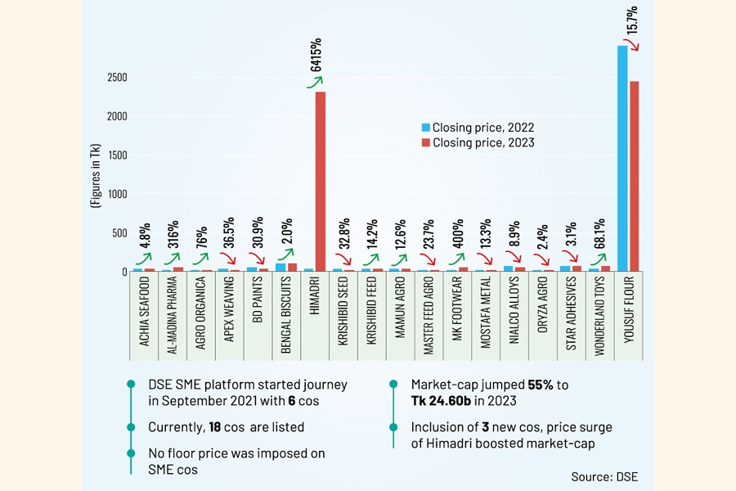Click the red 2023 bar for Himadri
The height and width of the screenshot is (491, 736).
[321, 181]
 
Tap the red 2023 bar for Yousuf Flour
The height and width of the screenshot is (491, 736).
[635, 176]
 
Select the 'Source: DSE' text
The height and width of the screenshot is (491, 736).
[604, 475]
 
